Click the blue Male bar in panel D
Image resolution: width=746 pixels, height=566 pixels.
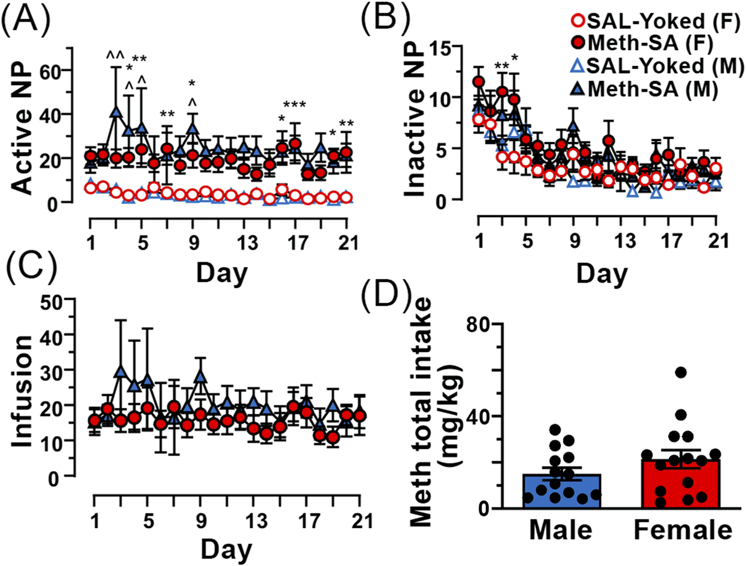coord(562,491)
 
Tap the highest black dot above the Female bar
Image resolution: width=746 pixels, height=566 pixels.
coord(681,372)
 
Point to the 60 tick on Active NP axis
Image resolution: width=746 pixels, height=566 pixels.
coord(50,71)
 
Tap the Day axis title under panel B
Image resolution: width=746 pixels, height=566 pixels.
coord(602,274)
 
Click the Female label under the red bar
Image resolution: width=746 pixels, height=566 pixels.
coord(682,530)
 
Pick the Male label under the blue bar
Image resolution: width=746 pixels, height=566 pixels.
coord(561,530)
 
